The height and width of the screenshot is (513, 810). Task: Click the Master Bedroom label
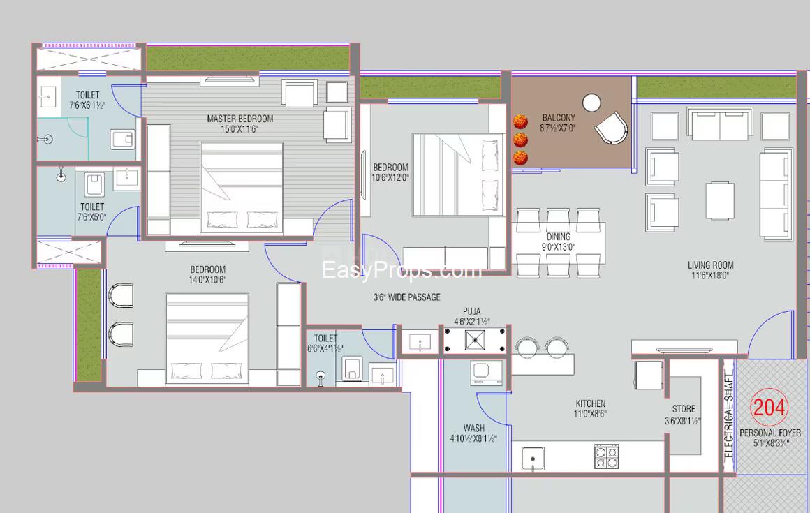point(240,124)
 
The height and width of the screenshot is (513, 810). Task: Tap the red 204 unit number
point(769,407)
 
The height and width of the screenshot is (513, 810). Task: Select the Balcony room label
point(558,123)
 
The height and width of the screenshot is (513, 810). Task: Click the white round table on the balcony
point(591,103)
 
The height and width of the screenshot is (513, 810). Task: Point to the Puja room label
point(471,316)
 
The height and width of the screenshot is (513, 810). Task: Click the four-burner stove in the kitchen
point(606,456)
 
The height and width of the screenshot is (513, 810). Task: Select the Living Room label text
point(710,270)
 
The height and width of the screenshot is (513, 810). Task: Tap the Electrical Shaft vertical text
point(729,416)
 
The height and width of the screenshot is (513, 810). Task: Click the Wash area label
point(473,433)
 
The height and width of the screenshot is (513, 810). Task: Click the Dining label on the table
point(558,241)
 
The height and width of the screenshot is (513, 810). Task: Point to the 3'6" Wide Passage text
point(407,297)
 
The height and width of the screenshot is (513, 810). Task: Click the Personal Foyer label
point(769,438)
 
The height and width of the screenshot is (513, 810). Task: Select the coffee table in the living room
point(720,200)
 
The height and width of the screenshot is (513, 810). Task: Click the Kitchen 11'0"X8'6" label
point(591,408)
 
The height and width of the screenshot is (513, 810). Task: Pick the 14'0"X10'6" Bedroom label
point(207,274)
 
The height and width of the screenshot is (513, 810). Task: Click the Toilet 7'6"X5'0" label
point(92,211)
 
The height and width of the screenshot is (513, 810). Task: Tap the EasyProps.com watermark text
point(402,270)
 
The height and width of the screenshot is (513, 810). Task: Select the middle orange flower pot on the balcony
point(520,140)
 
